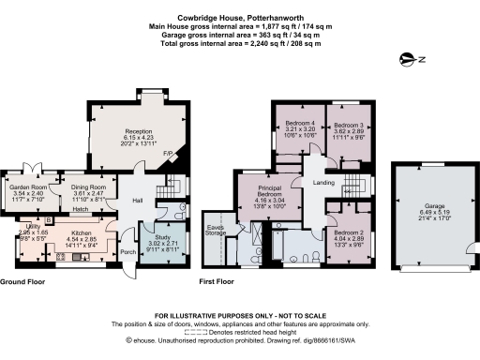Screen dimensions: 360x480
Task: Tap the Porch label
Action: [128, 251]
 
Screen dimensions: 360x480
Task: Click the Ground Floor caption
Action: [25, 282]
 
